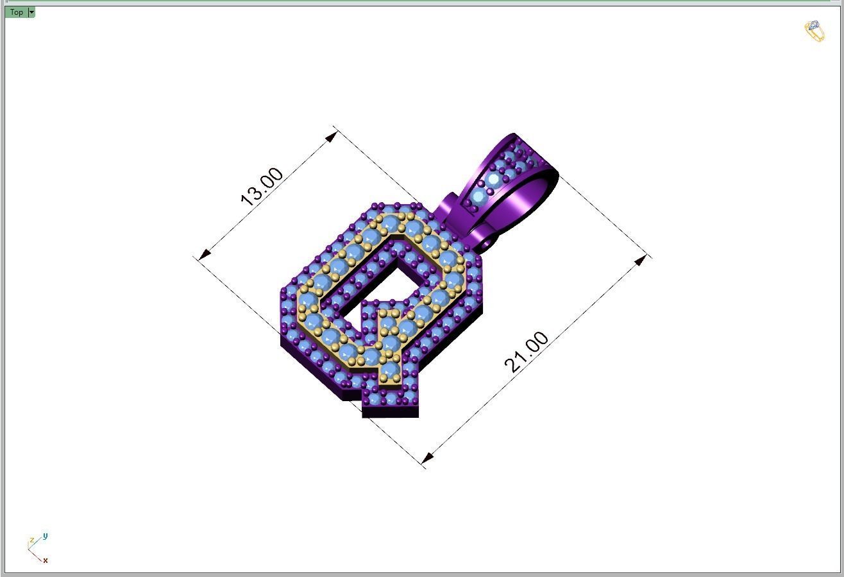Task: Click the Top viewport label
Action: tap(16, 12)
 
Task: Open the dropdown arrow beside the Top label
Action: tap(31, 12)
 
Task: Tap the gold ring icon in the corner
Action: tap(814, 31)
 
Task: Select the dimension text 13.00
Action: tap(262, 187)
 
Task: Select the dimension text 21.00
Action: tap(527, 352)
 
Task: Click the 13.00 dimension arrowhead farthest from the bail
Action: tap(204, 255)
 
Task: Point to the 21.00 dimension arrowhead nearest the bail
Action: tap(641, 260)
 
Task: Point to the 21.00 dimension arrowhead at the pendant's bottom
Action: tap(428, 457)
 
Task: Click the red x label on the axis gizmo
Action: tap(46, 560)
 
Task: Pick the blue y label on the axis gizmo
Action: tap(46, 536)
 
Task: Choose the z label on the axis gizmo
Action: tap(31, 541)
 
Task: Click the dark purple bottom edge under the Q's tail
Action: tap(390, 411)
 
